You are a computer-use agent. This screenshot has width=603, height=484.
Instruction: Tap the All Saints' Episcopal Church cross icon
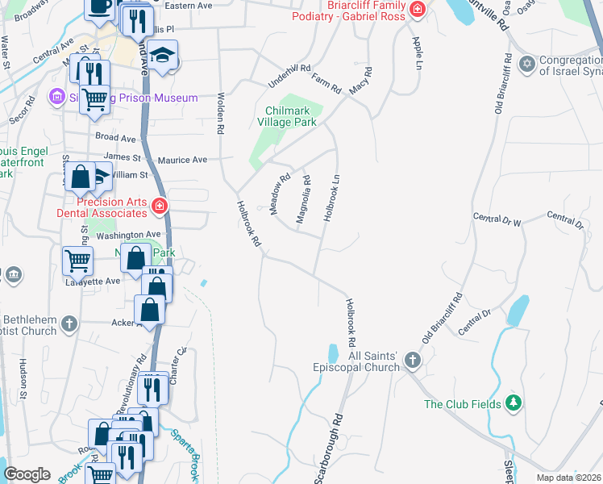click(x=413, y=360)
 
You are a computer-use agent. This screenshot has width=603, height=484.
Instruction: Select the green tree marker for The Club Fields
click(x=514, y=403)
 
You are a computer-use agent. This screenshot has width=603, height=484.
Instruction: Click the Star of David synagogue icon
click(x=528, y=64)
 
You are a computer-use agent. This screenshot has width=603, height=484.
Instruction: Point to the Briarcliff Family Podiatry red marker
click(x=417, y=10)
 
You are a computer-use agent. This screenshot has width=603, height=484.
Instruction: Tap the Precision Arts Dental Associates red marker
click(x=159, y=207)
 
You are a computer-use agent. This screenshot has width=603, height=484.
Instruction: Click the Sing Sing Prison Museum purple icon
click(x=56, y=98)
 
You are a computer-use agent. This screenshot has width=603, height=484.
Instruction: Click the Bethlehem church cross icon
click(x=69, y=324)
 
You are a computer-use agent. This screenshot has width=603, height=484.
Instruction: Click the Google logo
click(x=27, y=474)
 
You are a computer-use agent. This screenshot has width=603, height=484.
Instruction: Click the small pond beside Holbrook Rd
click(x=333, y=353)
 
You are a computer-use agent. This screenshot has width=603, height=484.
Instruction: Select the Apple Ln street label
click(x=417, y=52)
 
